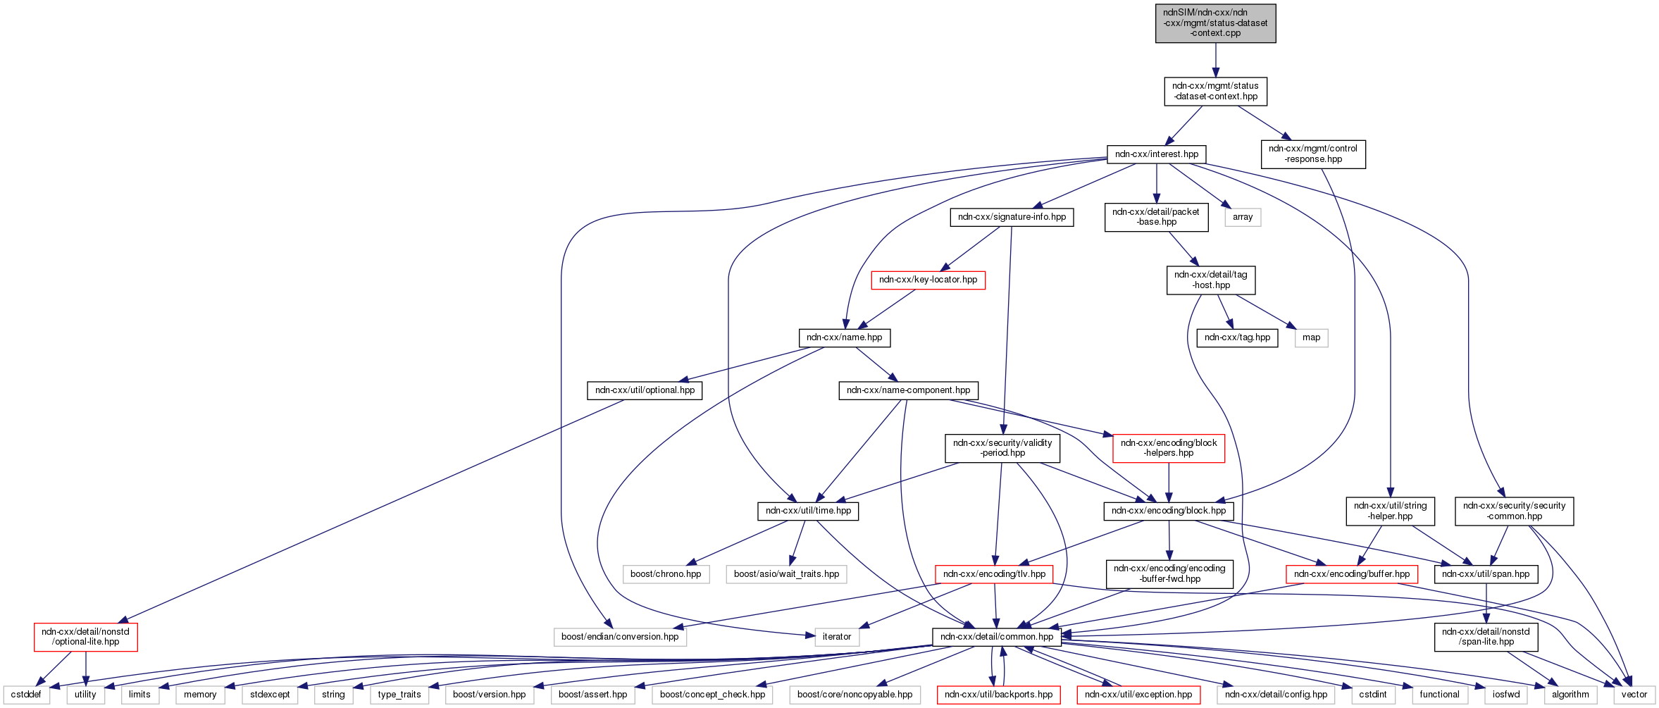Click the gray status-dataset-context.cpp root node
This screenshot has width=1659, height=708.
(x=1215, y=23)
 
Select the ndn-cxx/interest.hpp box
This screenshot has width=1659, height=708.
(x=1157, y=154)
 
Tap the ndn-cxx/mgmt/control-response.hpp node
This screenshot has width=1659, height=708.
(x=1313, y=154)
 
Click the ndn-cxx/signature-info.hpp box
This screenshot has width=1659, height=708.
(x=1012, y=217)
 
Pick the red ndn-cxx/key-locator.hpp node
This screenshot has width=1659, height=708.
(x=928, y=280)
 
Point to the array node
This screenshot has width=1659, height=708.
(x=1243, y=217)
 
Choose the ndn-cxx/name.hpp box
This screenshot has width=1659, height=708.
(x=844, y=337)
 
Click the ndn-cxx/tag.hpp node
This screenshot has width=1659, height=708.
(x=1237, y=337)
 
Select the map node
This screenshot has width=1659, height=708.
(x=1311, y=337)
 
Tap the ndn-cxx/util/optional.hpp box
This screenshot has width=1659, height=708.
(x=645, y=390)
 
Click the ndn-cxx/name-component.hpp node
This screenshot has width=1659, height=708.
(x=908, y=390)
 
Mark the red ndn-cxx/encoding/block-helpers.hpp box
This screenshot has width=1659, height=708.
(x=1169, y=448)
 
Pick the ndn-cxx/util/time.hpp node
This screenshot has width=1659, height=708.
(x=808, y=511)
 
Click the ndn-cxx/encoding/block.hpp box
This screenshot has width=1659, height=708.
(x=1168, y=511)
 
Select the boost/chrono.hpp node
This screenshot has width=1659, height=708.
(x=666, y=574)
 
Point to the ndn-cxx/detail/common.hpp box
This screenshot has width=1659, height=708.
(x=997, y=637)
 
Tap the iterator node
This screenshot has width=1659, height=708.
(x=837, y=637)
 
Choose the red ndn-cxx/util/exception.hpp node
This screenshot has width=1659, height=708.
(x=1138, y=695)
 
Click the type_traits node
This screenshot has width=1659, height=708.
(x=399, y=695)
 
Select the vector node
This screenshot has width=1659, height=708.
(x=1634, y=695)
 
